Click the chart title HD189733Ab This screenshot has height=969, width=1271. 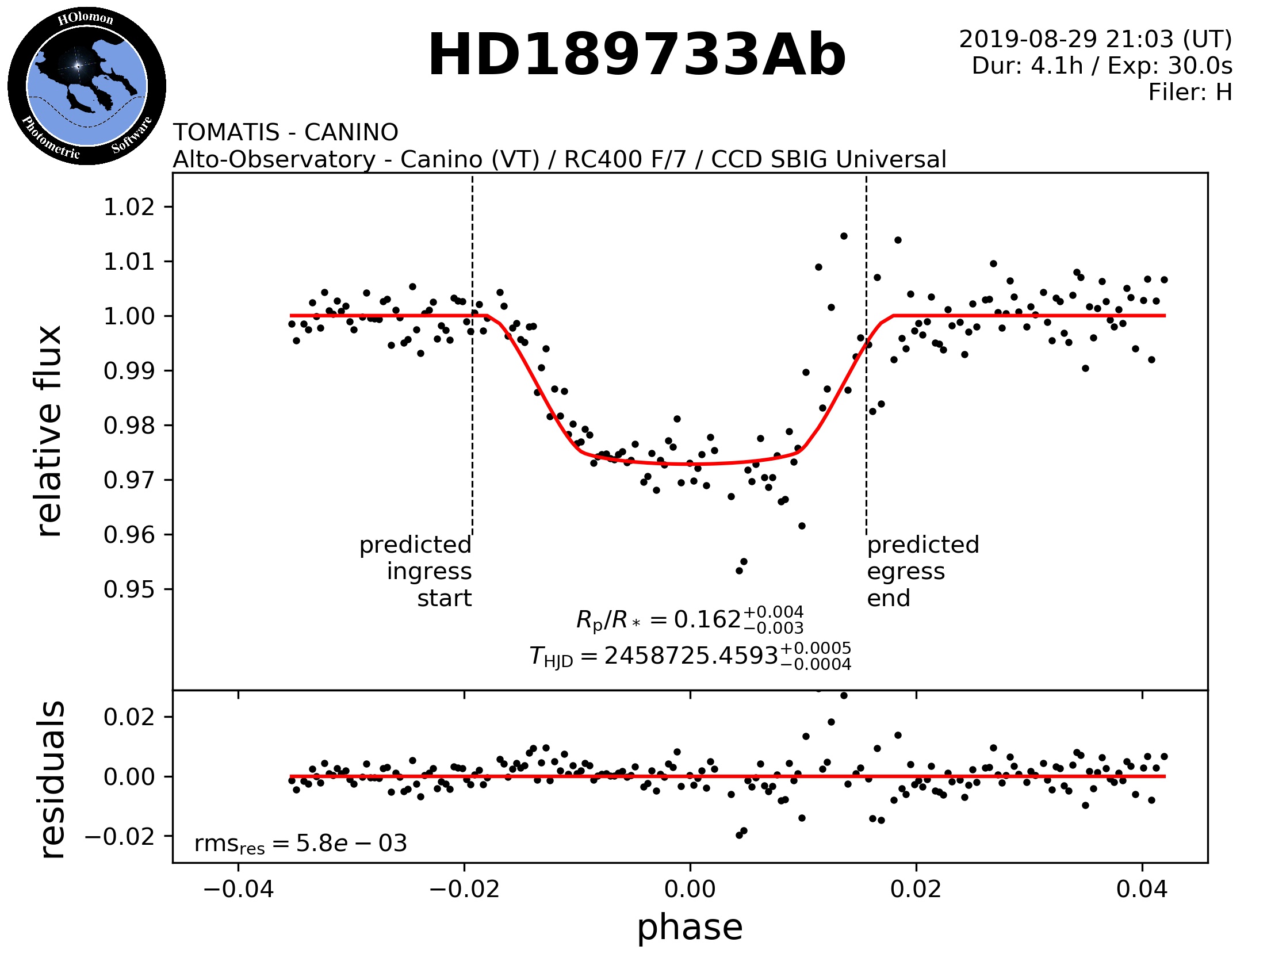coord(637,55)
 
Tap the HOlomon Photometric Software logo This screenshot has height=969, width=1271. coord(86,86)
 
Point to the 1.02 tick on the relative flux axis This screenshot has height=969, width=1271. coord(129,207)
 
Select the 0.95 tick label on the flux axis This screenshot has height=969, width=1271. coord(129,589)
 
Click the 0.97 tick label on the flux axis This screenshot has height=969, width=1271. coord(129,480)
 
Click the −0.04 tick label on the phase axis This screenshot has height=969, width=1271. coord(238,889)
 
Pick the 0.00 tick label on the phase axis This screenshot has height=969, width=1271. coord(690,889)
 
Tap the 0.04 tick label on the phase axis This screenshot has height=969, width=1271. coord(1141,889)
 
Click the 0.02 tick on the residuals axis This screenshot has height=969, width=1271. coord(129,717)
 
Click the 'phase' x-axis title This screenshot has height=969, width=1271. coord(690,928)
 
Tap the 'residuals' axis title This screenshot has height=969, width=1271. coord(51,779)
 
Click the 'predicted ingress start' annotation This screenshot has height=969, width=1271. coord(416,571)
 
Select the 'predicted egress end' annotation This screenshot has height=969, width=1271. coord(922,571)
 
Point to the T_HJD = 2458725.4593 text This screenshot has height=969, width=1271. coord(690,656)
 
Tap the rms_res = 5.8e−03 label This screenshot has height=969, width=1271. coord(300,844)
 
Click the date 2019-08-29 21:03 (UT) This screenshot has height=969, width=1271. coord(1095,39)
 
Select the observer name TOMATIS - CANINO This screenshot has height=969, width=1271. coord(285,133)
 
